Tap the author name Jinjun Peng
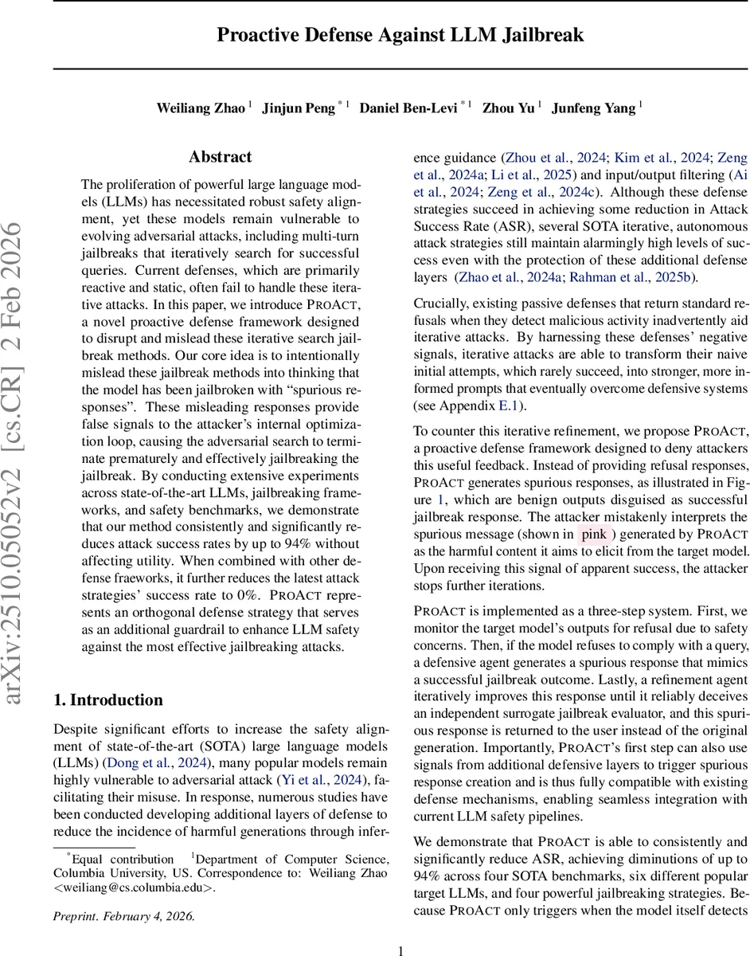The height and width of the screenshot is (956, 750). coord(299,108)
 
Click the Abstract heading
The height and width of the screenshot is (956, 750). coord(221,157)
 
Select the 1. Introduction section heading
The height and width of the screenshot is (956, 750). coord(108,700)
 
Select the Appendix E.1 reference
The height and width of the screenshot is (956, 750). coord(493,406)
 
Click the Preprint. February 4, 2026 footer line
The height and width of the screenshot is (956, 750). coord(124,915)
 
